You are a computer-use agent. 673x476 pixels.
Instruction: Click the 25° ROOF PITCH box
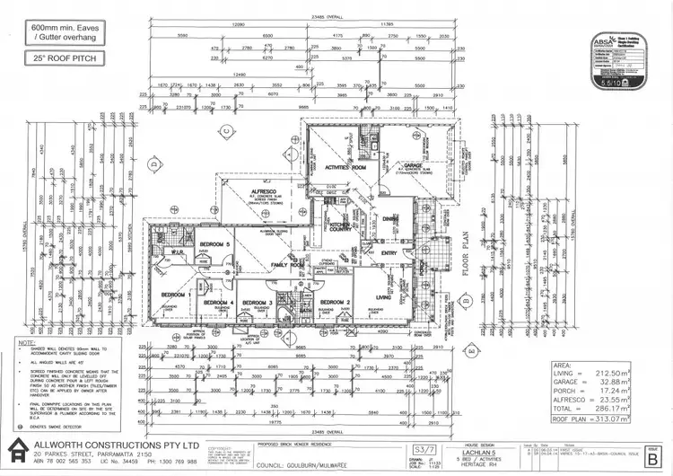tap(61, 57)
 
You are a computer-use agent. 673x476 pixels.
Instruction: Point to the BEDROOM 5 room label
tap(214, 244)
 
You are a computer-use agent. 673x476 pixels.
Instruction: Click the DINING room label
tap(391, 218)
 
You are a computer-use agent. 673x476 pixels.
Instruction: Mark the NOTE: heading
tap(28, 342)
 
